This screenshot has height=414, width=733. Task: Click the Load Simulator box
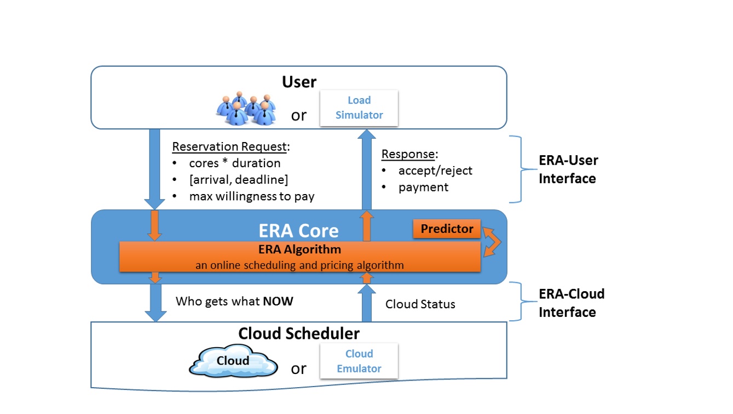point(359,107)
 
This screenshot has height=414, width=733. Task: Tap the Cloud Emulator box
point(359,361)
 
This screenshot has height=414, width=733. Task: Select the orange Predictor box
point(447,229)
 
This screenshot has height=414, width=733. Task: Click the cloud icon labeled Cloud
point(233,361)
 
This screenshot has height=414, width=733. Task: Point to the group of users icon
point(246,109)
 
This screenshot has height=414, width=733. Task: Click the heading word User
point(299,82)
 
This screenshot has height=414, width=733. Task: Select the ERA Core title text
point(299,231)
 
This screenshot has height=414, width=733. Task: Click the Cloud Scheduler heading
point(299,333)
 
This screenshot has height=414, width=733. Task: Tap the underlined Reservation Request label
point(229,147)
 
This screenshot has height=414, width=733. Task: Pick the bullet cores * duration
point(234,163)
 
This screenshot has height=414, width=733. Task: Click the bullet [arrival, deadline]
point(238,180)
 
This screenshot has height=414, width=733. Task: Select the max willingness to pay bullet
point(251,196)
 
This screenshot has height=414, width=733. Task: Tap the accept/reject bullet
point(435,171)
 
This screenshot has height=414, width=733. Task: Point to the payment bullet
point(423,187)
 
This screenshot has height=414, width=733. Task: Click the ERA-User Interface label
point(568,169)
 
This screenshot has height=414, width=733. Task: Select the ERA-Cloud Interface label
point(572,303)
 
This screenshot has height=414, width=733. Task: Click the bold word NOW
point(278,301)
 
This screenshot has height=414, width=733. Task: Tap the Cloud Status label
point(420,304)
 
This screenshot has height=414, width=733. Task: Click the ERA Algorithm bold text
point(299,249)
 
